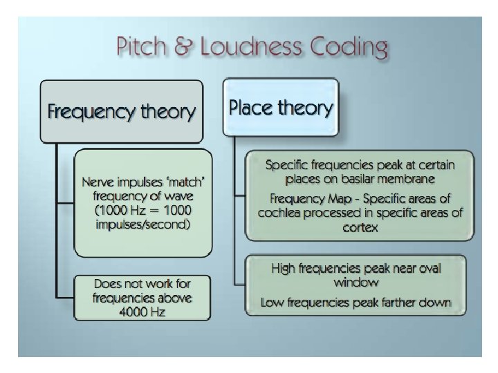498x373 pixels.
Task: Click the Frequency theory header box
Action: pyautogui.click(x=121, y=111)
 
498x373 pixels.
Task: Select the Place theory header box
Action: pyautogui.click(x=280, y=107)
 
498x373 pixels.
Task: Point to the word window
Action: pyautogui.click(x=356, y=282)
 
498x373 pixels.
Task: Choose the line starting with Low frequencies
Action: pyautogui.click(x=356, y=302)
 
